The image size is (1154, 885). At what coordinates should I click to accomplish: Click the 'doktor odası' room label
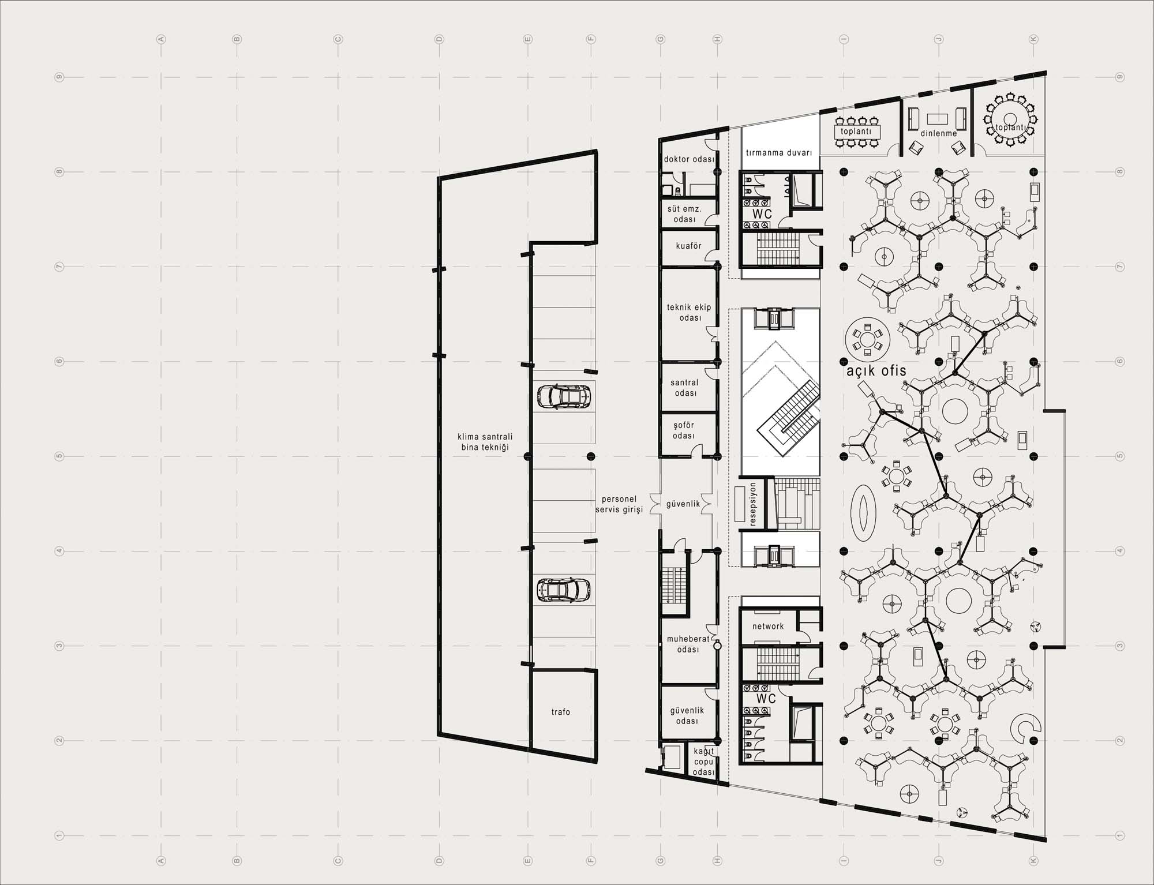(689, 159)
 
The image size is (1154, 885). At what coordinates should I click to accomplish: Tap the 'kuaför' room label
(689, 246)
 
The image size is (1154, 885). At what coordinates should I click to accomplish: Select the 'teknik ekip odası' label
(690, 313)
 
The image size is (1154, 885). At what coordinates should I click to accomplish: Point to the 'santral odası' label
(685, 388)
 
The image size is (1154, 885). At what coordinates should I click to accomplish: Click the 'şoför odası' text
(684, 430)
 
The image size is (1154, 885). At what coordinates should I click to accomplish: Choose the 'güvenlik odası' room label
(687, 716)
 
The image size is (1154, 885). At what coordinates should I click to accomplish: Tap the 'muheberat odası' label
(688, 644)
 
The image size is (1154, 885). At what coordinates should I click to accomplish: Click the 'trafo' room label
(561, 712)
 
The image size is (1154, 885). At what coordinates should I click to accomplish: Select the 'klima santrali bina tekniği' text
(485, 442)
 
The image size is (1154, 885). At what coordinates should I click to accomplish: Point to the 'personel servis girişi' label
(619, 504)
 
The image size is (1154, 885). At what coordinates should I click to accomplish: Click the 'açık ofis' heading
(876, 371)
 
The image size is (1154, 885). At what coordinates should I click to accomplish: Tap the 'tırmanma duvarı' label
(779, 153)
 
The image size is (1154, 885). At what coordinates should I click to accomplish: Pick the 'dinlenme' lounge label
(939, 133)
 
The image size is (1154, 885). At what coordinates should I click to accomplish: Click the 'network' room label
(768, 626)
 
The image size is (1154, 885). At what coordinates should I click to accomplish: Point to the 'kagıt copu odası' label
(704, 762)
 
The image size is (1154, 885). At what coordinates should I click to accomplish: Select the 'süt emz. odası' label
(685, 214)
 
